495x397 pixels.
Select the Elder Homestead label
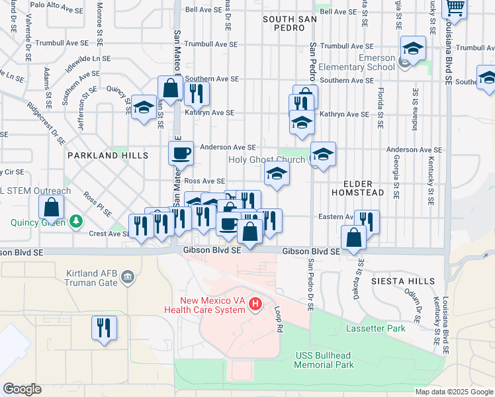363,187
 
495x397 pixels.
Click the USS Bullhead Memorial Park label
323,360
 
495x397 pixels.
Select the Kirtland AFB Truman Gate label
91,278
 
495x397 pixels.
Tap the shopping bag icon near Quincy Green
51,208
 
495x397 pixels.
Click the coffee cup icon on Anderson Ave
181,154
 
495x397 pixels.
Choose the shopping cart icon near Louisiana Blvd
455,8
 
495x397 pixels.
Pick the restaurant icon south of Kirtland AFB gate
104,328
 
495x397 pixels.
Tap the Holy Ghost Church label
267,159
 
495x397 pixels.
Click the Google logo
22,389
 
